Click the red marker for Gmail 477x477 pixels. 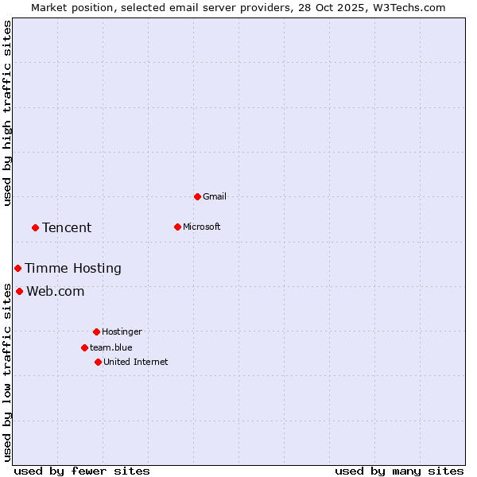(x=197, y=196)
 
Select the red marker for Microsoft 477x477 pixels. (x=177, y=227)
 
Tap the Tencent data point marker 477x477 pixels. (x=35, y=227)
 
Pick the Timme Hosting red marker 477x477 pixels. (x=17, y=268)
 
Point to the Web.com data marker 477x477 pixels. (x=19, y=291)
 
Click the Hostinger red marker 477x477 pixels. (x=96, y=332)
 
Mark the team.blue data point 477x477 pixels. (x=84, y=347)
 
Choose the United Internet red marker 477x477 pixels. (x=98, y=362)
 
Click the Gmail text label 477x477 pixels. (x=215, y=196)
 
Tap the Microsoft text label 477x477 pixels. (x=202, y=227)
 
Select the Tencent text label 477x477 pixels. (x=67, y=227)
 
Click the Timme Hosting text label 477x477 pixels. (x=73, y=268)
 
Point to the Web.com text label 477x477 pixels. (x=56, y=291)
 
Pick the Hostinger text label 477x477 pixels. (x=122, y=332)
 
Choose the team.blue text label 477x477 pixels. (x=111, y=347)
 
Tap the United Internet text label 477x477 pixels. (x=136, y=362)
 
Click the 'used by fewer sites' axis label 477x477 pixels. (x=82, y=471)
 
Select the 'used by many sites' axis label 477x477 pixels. (x=399, y=471)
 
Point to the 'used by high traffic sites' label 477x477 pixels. (x=7, y=113)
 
